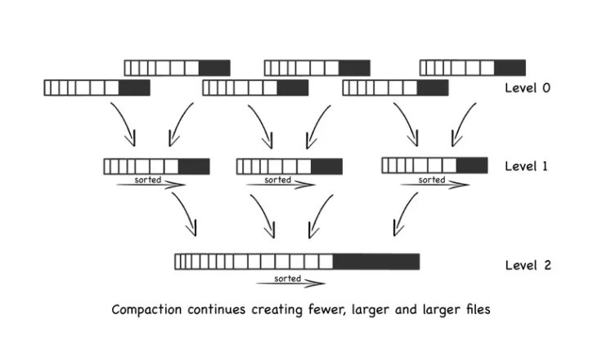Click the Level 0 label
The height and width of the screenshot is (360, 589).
tap(527, 88)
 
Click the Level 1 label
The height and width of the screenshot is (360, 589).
tap(527, 166)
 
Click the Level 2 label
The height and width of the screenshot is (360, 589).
tap(527, 265)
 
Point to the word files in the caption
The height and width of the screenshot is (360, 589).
tap(474, 310)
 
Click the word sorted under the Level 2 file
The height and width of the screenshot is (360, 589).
tap(288, 278)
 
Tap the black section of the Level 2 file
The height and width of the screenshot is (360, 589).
tap(375, 262)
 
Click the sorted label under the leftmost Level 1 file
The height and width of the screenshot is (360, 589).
tap(147, 179)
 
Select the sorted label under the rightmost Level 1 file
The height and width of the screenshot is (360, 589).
tap(431, 179)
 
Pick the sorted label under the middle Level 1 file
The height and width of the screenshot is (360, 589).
tap(277, 179)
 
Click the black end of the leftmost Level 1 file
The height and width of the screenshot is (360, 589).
tap(194, 166)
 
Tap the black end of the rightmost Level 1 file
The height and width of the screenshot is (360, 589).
tap(472, 166)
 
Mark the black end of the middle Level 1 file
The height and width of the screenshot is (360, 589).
tap(326, 166)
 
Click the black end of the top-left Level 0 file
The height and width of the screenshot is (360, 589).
tap(214, 68)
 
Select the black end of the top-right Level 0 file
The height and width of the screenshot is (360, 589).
tap(510, 68)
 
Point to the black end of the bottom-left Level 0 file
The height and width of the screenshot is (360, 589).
tap(134, 88)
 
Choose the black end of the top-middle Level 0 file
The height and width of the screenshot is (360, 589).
tap(354, 68)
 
